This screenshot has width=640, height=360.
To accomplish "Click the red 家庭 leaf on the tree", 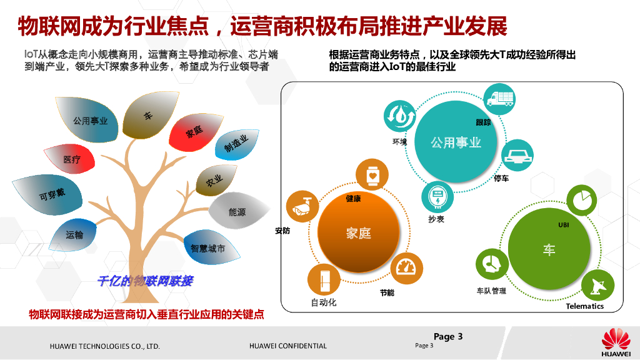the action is tap(194, 132).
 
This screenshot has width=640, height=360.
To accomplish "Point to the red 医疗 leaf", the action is tap(71, 160).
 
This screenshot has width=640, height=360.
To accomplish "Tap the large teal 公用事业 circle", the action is tap(456, 142).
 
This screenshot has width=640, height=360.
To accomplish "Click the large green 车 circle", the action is tap(549, 251).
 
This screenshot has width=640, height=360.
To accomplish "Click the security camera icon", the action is tap(302, 207).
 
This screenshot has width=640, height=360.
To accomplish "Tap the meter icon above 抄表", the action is tap(436, 197).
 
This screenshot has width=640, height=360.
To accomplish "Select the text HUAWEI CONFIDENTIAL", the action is tap(287, 346).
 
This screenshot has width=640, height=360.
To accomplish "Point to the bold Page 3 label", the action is tap(448, 336).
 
